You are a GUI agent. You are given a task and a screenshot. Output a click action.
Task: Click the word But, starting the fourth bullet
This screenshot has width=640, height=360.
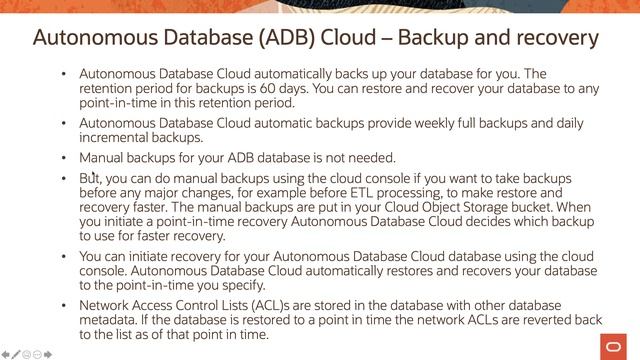click(91, 177)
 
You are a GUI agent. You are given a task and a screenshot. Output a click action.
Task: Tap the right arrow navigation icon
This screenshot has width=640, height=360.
click(49, 354)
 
